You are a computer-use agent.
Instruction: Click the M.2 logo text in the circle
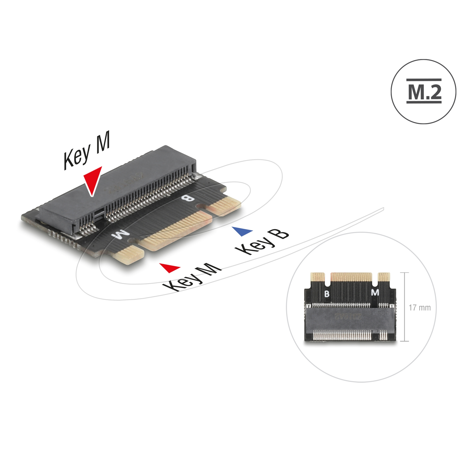424,91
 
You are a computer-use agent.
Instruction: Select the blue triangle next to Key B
243,231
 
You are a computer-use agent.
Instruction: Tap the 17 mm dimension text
420,308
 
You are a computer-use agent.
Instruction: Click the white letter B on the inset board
327,294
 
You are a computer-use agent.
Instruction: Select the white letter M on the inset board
375,293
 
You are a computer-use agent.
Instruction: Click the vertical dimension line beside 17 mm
405,307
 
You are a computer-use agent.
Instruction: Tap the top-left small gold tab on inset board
318,277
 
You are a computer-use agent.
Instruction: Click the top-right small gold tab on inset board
384,277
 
